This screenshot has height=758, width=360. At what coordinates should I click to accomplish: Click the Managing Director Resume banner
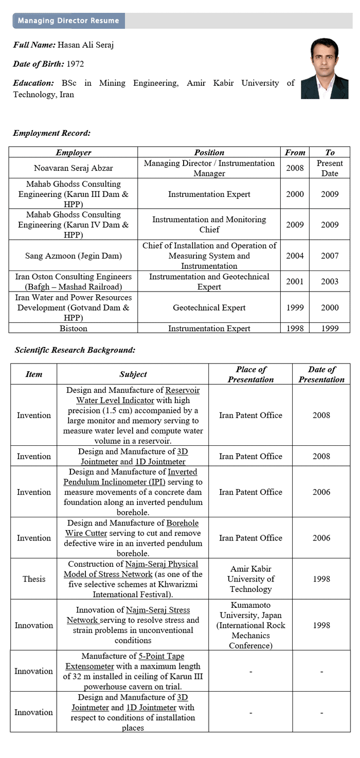68,21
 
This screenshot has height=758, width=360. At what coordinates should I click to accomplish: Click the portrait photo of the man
324,68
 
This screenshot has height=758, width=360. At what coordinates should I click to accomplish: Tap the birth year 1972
75,64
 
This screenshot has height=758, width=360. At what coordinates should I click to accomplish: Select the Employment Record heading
51,133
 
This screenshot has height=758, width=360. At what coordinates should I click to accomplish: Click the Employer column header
73,152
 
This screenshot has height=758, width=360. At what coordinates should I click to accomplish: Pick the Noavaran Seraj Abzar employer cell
73,168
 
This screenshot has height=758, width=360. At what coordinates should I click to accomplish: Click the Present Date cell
329,168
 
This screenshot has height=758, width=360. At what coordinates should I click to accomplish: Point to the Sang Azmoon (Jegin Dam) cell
73,256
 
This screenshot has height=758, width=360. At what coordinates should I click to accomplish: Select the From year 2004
295,256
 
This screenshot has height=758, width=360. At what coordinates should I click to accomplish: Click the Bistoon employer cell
73,328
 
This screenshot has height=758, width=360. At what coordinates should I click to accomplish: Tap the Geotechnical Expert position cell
209,308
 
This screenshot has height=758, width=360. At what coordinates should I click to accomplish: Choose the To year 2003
329,281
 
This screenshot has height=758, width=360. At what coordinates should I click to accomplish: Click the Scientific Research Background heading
75,350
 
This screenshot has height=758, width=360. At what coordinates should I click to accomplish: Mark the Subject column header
133,374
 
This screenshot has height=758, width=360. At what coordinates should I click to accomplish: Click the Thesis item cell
34,579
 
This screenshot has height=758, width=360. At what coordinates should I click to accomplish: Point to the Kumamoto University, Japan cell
250,625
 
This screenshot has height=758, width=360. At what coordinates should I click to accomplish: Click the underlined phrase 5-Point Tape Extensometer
133,661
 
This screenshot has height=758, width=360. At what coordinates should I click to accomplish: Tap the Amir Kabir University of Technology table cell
250,579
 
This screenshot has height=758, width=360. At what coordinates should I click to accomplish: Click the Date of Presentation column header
321,374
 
